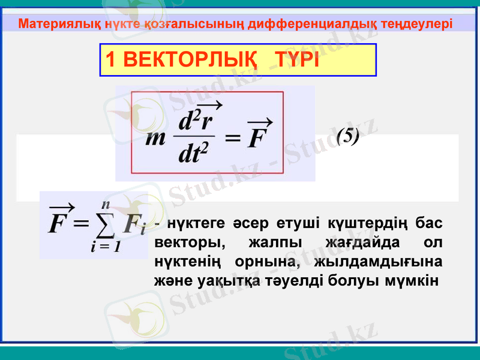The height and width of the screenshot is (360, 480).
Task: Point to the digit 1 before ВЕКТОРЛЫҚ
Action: coord(110,60)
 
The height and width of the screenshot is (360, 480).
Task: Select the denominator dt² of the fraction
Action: coord(194,155)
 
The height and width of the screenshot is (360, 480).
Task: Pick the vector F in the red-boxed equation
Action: coord(259,135)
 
